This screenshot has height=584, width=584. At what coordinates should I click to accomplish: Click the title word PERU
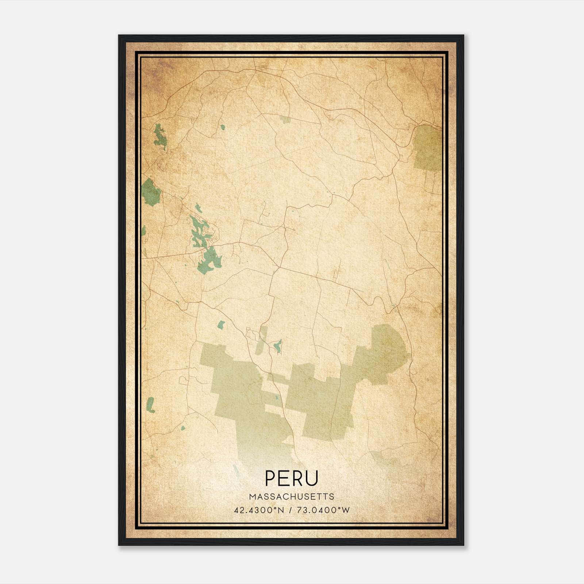coord(292,478)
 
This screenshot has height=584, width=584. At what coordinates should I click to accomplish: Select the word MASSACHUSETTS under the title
coord(292,496)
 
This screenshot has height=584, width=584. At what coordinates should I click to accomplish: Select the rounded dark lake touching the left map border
coord(150,192)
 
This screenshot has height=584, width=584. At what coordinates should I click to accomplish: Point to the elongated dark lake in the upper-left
coord(160,137)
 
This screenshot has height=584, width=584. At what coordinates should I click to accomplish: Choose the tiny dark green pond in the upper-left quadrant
coord(222,127)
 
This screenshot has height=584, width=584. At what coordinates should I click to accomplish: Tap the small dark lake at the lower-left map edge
coord(150,405)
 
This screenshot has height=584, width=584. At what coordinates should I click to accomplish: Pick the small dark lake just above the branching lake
coord(198,208)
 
